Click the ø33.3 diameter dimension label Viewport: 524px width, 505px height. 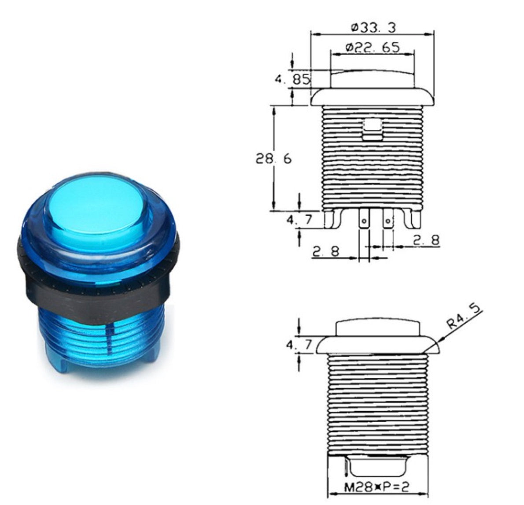click(373, 28)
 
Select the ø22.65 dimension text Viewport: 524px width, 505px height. click(373, 47)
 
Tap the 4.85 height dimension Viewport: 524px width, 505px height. click(292, 80)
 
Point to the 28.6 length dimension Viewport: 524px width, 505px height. click(273, 159)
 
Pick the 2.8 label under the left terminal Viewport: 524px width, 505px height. click(326, 251)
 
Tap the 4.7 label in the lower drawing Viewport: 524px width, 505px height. click(299, 344)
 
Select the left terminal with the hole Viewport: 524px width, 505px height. click(364, 218)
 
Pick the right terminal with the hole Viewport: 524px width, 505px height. click(387, 218)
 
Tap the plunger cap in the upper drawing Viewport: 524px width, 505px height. click(373, 79)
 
